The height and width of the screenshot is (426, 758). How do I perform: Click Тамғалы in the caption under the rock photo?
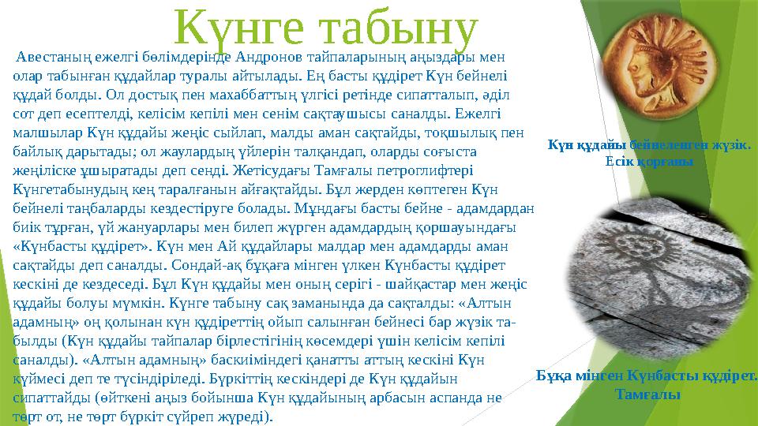click(x=647, y=393)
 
